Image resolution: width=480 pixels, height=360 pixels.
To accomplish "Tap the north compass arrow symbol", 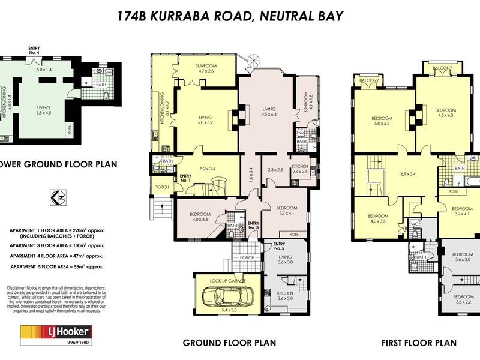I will (57, 197).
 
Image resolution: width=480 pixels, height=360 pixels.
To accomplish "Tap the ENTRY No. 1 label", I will (185, 178).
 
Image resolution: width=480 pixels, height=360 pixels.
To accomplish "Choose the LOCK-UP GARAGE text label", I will (227, 280).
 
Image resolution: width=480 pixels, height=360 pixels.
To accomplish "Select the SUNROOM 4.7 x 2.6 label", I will (206, 68).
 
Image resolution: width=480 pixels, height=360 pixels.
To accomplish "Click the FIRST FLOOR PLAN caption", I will (419, 343).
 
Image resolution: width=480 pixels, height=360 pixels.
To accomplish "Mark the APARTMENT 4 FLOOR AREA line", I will (57, 256).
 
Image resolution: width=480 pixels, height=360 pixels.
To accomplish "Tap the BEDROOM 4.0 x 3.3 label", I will (200, 217).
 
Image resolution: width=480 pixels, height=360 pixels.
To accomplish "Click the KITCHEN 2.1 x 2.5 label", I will (299, 169).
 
